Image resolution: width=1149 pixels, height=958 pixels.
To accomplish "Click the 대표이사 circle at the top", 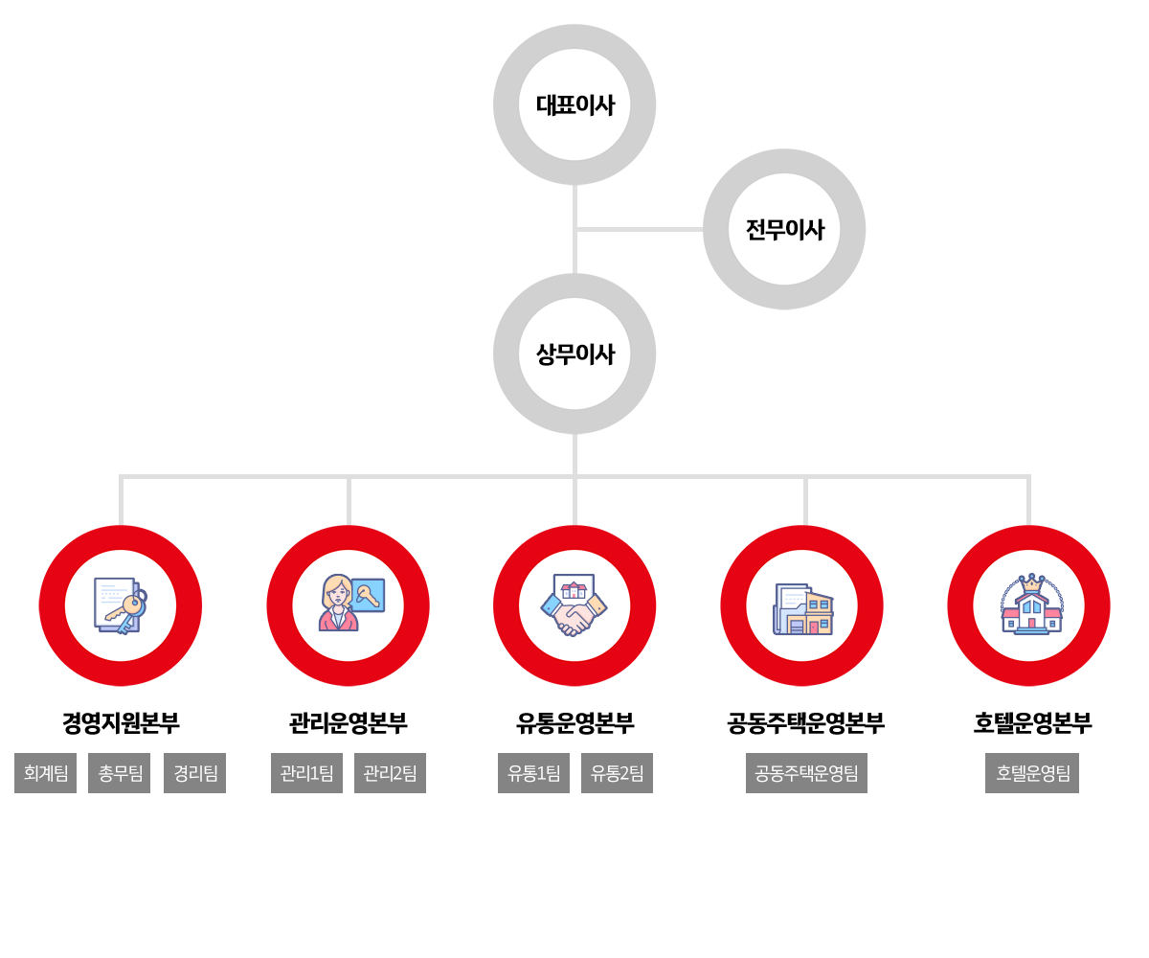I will pos(574,104).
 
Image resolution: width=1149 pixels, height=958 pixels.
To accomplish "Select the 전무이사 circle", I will pos(784,229).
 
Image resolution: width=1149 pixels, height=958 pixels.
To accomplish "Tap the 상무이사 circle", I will pos(574,354).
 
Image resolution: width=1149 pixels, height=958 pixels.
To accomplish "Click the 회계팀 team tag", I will pos(45,773).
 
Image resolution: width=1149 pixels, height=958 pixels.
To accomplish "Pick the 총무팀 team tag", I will pos(120,773).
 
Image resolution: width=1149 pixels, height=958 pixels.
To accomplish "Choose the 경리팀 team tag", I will pos(195,773).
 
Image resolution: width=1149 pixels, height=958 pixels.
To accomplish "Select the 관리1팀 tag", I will pos(306,773).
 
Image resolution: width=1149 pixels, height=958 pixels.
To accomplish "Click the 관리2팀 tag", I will pos(390,773).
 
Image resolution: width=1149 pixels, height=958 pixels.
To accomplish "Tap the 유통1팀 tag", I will pos(533,773).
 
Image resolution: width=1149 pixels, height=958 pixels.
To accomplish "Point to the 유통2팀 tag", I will pos(617,773).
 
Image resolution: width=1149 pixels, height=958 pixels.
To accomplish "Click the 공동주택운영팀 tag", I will pos(806,773).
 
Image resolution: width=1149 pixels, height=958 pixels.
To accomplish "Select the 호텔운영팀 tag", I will pos(1032,773).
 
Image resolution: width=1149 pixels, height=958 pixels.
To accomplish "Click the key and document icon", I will pos(121,605).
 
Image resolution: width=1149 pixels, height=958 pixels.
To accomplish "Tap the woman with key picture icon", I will pos(349,605).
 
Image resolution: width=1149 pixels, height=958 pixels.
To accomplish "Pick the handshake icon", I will pos(574,605).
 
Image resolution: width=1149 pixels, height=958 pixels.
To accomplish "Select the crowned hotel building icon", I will pos(1030,605).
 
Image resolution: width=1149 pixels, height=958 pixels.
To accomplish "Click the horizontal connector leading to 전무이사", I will pos(639,229).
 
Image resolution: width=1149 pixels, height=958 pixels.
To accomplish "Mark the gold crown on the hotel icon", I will pos(1031,583).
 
